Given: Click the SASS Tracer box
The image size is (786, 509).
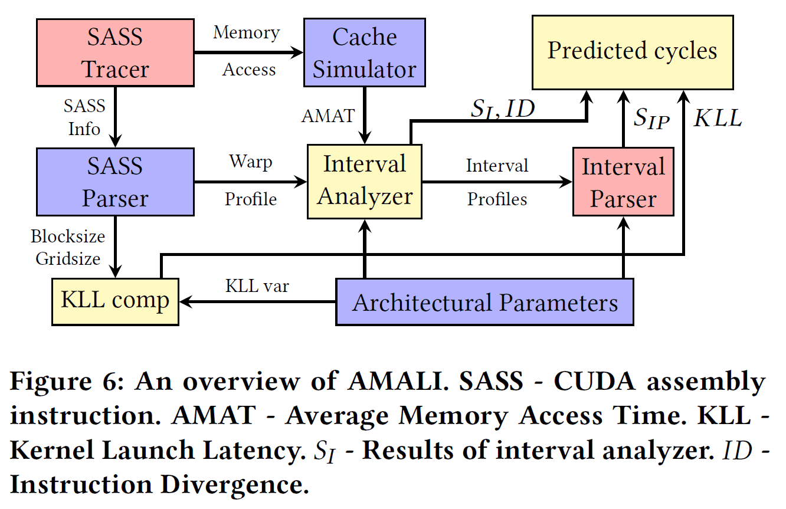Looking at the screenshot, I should point(115,52).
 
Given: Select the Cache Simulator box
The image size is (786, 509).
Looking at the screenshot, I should point(364,52).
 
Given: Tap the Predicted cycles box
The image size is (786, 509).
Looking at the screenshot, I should point(632,52).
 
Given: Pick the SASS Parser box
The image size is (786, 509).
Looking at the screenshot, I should point(115,182).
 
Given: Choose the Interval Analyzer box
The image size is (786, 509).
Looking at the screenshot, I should point(364,182).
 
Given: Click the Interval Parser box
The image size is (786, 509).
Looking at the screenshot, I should point(623,182).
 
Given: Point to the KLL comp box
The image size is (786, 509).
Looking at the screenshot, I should point(115,301).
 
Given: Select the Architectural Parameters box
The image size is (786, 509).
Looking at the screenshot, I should point(484,303).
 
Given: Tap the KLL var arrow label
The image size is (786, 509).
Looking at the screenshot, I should point(257,287).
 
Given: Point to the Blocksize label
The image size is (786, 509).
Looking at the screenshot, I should point(68,237).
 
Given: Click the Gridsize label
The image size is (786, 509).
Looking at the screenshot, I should point(68,258).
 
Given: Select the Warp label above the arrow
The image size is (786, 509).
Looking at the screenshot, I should point(251,162).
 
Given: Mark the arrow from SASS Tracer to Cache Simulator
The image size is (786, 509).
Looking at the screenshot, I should point(248,52).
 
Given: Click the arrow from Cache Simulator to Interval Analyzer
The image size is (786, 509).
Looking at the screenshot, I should point(365,114).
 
